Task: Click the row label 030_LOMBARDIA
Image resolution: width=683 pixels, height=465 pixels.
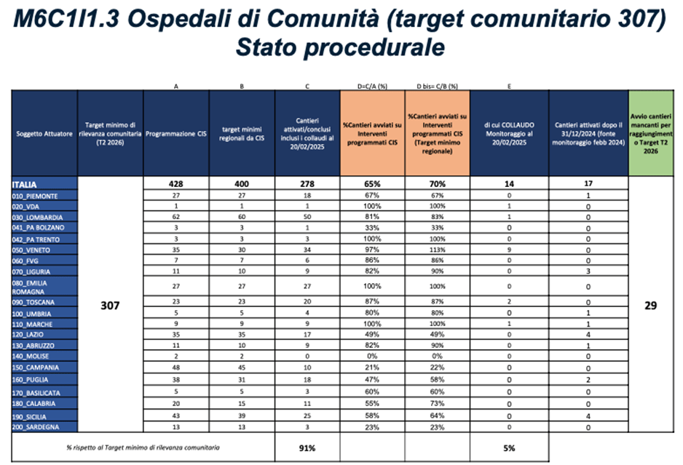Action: pyautogui.click(x=36, y=218)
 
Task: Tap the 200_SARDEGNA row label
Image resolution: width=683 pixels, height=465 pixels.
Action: pyautogui.click(x=36, y=427)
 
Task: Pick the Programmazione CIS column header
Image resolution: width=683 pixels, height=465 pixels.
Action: pyautogui.click(x=177, y=134)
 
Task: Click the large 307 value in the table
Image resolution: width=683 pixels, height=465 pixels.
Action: pyautogui.click(x=110, y=306)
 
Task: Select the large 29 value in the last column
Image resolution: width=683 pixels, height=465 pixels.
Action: pyautogui.click(x=651, y=306)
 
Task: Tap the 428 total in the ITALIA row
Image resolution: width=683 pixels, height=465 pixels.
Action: pyautogui.click(x=176, y=185)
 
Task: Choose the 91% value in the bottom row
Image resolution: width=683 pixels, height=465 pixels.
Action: pyautogui.click(x=306, y=448)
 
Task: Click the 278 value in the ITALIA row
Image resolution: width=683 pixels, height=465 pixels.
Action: pyautogui.click(x=306, y=185)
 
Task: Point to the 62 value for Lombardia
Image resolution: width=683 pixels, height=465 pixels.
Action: pyautogui.click(x=176, y=218)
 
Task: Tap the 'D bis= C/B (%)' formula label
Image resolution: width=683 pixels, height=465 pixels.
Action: pyautogui.click(x=437, y=86)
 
